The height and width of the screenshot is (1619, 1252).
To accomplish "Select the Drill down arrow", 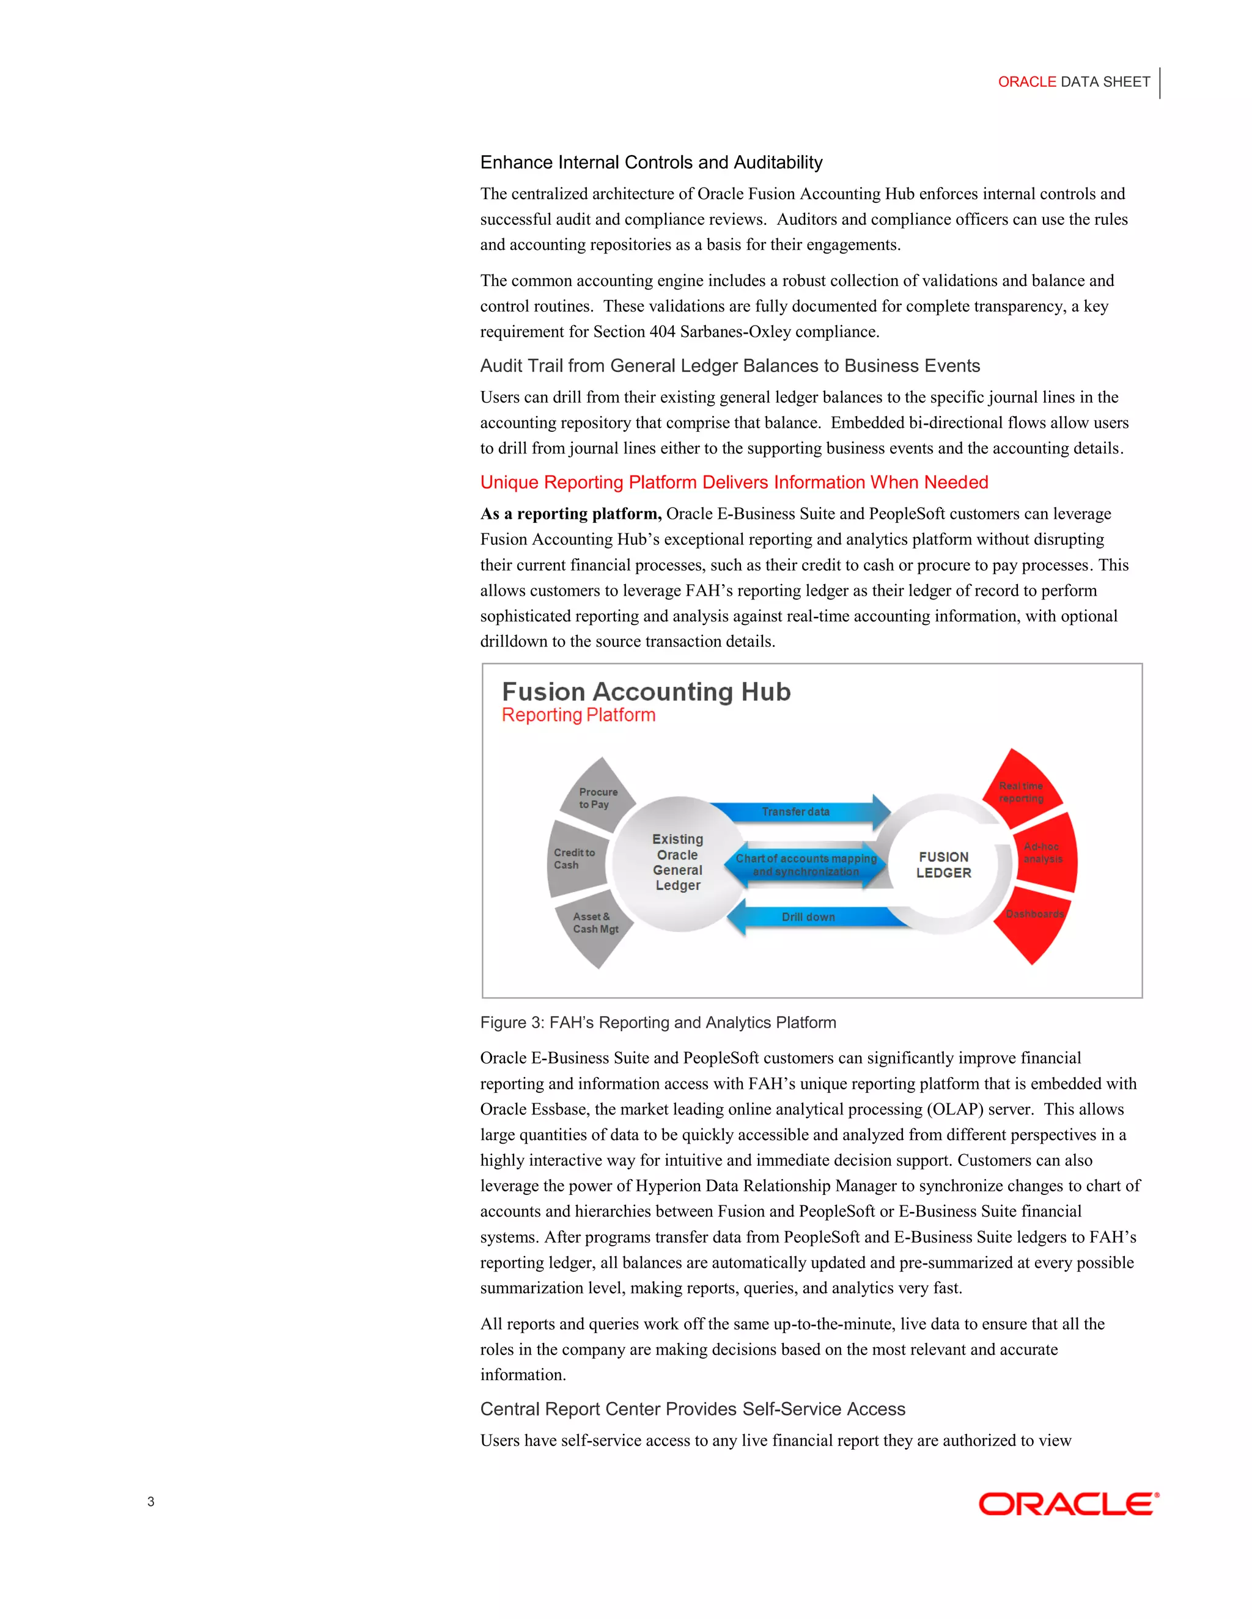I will click(x=808, y=918).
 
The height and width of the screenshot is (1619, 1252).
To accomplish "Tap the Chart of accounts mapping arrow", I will click(x=806, y=865).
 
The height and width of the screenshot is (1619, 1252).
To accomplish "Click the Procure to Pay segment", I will click(x=598, y=797).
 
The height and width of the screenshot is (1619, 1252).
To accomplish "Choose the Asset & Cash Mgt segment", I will click(x=594, y=927).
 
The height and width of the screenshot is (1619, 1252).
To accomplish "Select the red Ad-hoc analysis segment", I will click(x=1044, y=853).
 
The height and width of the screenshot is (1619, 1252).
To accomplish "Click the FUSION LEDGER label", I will click(x=943, y=865).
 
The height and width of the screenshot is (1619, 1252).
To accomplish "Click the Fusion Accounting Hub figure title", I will click(x=646, y=692).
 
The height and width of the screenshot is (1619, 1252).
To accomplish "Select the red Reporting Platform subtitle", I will click(x=578, y=715).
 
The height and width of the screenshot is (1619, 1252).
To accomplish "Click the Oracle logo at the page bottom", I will click(x=1068, y=1504).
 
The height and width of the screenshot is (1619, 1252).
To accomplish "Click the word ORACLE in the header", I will click(x=1026, y=82).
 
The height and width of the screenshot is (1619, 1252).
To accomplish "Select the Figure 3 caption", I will click(x=658, y=1023).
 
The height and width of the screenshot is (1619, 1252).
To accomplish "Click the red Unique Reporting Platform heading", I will click(x=734, y=483).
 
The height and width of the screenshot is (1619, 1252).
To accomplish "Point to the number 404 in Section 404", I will click(x=662, y=332).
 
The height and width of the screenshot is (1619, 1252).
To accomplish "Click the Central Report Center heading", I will click(x=692, y=1409).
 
